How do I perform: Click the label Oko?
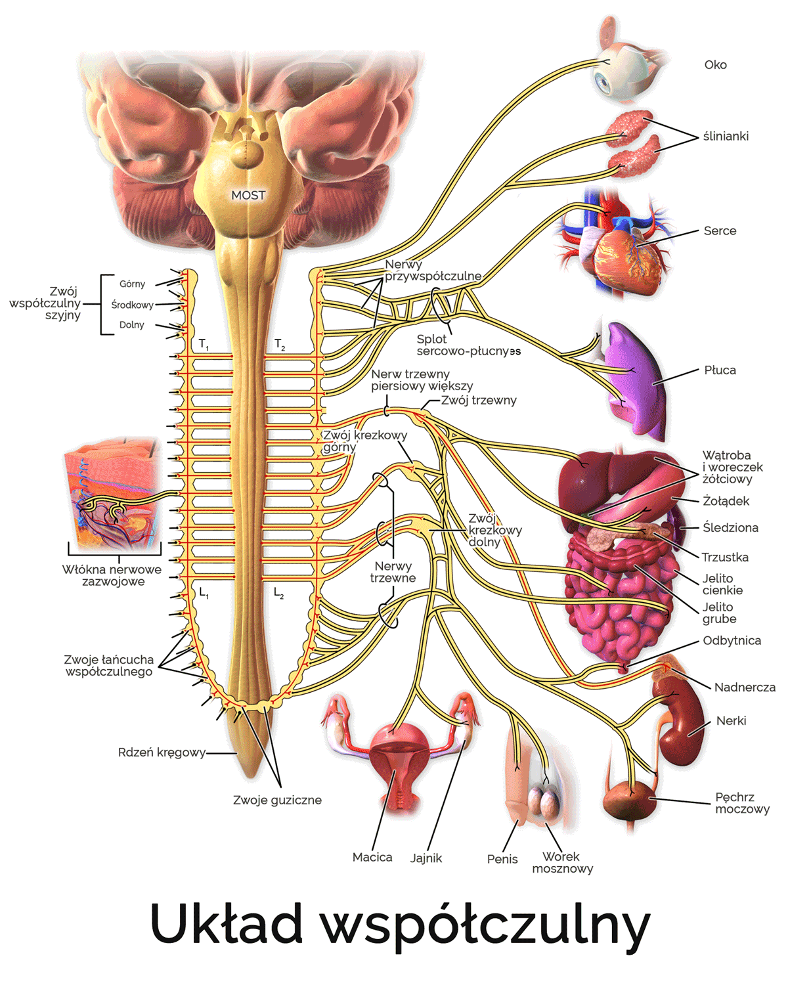click(714, 65)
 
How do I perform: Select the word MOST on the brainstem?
click(248, 196)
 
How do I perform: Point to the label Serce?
click(720, 230)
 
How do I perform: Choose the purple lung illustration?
click(634, 381)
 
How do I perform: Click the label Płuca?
click(720, 370)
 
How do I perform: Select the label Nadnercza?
click(745, 687)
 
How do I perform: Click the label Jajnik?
click(426, 858)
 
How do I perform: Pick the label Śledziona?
click(730, 527)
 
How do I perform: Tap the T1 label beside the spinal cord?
click(204, 344)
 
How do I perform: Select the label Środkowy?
click(133, 305)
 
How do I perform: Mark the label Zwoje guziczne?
click(278, 800)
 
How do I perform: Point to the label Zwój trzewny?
click(479, 401)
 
